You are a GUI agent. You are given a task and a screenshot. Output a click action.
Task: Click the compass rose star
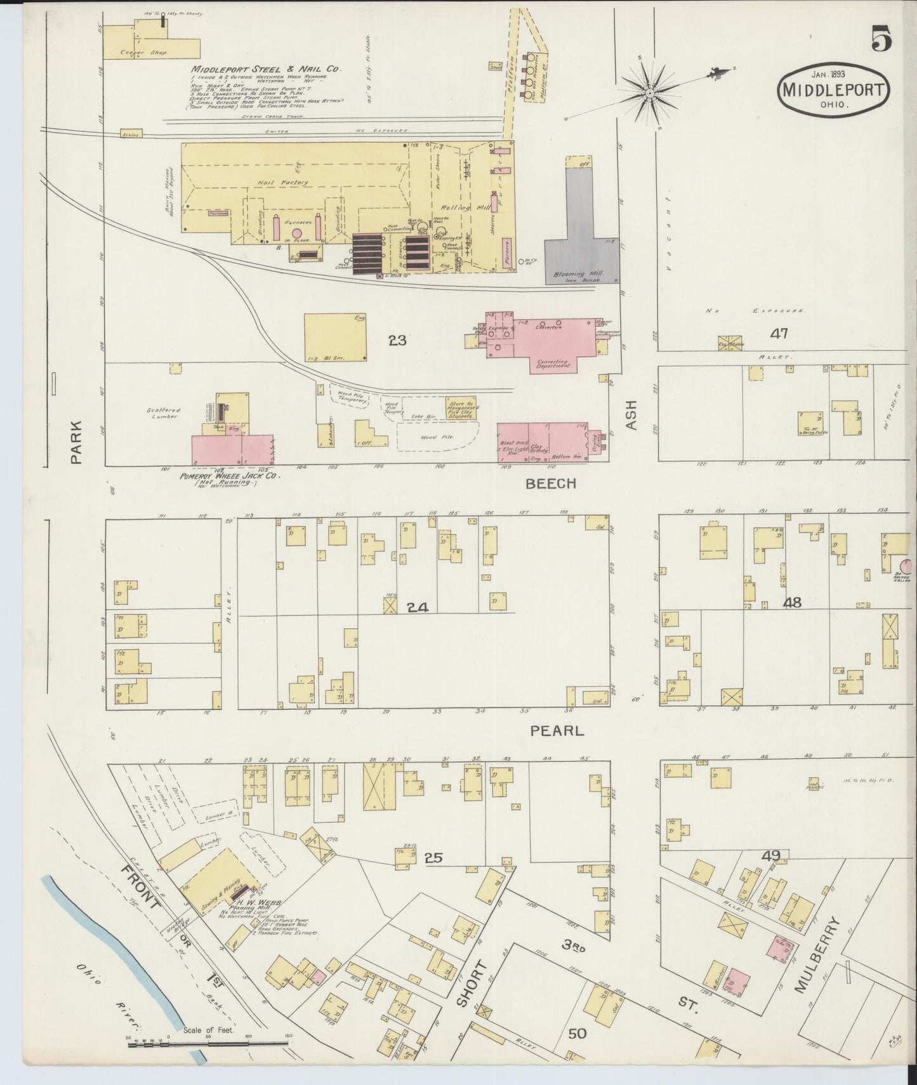coord(650,94)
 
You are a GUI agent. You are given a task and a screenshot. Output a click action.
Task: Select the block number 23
coord(397,341)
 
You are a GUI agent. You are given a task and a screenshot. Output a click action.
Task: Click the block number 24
coord(417,608)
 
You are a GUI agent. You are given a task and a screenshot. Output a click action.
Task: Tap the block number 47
coord(779,333)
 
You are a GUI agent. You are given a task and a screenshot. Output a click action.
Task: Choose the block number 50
coord(577,1034)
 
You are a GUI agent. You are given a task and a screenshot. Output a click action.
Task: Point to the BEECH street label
coord(551,483)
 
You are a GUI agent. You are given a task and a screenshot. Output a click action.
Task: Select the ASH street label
coord(631,415)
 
